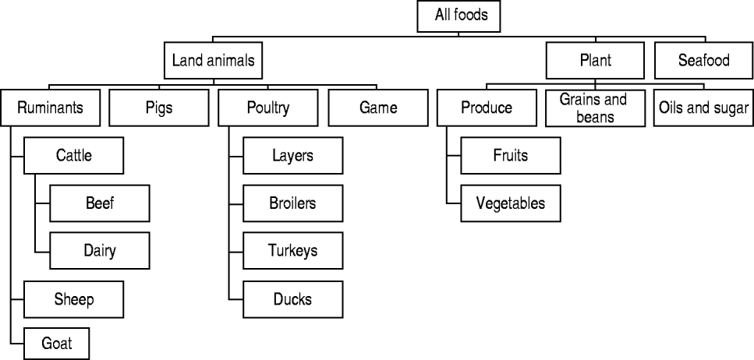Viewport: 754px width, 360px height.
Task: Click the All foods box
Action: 458,16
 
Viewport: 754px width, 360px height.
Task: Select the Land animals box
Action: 213,61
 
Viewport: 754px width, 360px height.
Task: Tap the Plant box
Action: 595,61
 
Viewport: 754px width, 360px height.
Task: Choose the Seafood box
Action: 704,61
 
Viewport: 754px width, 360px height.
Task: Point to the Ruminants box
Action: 50,108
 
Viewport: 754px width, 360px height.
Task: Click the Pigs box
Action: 159,108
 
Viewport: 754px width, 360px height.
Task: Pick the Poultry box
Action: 268,108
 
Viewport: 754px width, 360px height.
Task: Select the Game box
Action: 378,108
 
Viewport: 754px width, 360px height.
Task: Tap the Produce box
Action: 487,108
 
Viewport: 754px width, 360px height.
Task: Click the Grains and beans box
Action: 595,108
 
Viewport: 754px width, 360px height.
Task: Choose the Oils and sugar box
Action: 703,108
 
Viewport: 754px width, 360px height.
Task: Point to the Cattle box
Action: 73,155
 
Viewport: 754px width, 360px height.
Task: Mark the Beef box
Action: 100,203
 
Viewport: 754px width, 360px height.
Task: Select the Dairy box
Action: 100,250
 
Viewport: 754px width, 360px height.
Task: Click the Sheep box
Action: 73,299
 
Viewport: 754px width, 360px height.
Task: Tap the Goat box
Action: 57,344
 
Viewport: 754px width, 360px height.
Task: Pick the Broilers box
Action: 293,203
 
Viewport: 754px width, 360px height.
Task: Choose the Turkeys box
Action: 293,250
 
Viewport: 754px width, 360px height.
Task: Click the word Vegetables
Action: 511,203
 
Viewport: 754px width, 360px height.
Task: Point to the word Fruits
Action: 511,155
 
